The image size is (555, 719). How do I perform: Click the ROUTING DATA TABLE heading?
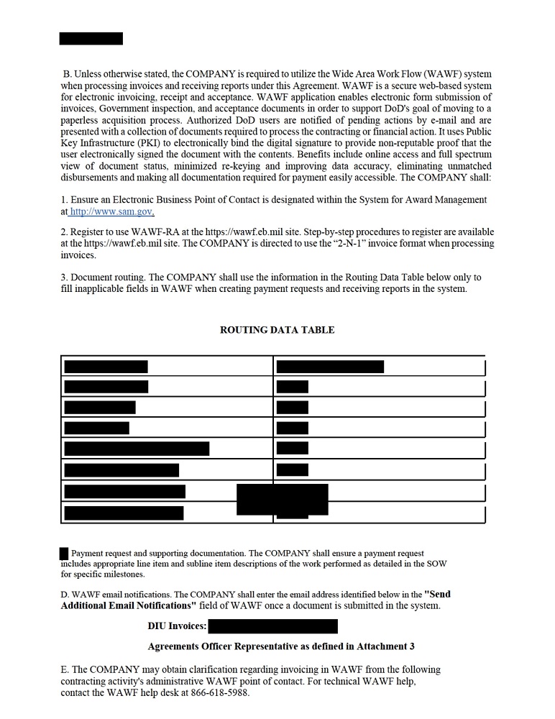pyautogui.click(x=277, y=330)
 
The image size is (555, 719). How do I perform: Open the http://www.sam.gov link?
pyautogui.click(x=111, y=212)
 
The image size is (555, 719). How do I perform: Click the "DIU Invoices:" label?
pyautogui.click(x=177, y=626)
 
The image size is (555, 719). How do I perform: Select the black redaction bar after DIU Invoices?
pyautogui.click(x=272, y=626)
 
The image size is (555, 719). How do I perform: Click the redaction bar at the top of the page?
pyautogui.click(x=91, y=39)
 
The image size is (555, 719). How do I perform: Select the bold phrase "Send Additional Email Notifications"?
pyautogui.click(x=255, y=600)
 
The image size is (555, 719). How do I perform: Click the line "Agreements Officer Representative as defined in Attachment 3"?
pyautogui.click(x=280, y=646)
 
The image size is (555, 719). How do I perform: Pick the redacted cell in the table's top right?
pyautogui.click(x=330, y=367)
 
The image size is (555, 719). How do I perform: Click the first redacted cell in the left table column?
pyautogui.click(x=106, y=367)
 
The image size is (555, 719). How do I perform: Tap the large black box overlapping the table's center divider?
pyautogui.click(x=282, y=499)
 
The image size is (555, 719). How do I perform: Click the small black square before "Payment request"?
pyautogui.click(x=64, y=554)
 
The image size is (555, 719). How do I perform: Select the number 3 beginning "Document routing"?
pyautogui.click(x=64, y=277)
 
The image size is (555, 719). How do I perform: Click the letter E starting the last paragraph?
pyautogui.click(x=64, y=669)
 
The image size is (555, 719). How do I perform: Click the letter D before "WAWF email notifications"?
pyautogui.click(x=65, y=595)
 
